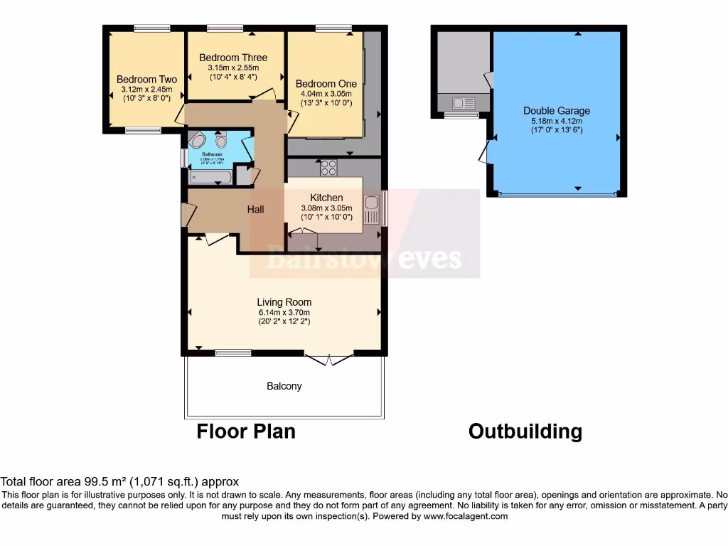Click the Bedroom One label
326,84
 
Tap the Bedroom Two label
146,80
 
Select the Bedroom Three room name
233,58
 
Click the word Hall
255,209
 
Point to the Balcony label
284,386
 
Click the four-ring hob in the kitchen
328,168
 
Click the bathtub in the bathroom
211,176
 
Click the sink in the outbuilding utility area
463,103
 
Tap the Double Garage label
557,111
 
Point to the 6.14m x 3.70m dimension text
284,312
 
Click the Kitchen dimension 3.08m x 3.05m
326,208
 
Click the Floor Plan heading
246,431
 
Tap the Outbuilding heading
525,431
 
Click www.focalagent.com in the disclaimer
465,516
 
